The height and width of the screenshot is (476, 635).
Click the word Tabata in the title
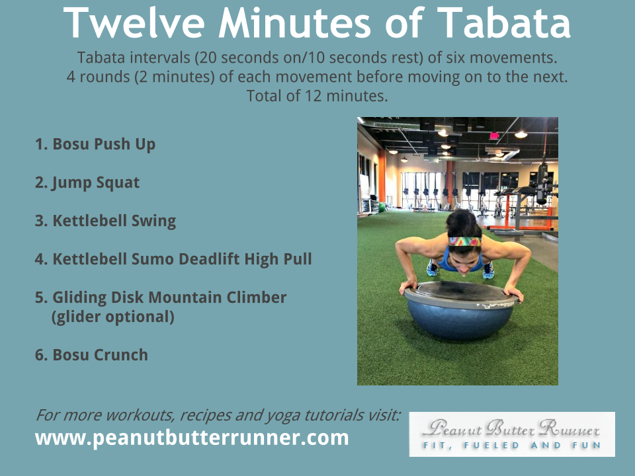click(504, 23)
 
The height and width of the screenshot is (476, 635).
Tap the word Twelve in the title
click(134, 23)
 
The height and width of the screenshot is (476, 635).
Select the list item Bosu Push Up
click(95, 144)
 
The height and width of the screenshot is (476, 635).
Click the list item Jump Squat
click(87, 182)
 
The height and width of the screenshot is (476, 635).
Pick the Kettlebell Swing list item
click(105, 221)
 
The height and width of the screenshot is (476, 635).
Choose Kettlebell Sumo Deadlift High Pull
click(173, 259)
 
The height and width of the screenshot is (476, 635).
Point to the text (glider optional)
click(113, 317)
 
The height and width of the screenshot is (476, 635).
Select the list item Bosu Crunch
click(91, 355)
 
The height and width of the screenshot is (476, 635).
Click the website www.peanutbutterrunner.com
click(192, 438)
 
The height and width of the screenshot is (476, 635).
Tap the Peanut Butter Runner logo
click(512, 434)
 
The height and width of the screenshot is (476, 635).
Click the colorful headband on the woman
click(464, 242)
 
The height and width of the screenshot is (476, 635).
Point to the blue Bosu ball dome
click(460, 320)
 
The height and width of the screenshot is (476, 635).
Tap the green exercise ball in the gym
click(381, 207)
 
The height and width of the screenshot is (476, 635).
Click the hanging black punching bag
click(542, 183)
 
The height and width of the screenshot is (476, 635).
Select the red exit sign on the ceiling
click(494, 136)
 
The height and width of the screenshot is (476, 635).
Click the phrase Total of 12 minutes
click(317, 96)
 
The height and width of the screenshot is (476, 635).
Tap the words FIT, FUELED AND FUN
click(512, 445)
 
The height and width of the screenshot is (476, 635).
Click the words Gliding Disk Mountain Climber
click(169, 297)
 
